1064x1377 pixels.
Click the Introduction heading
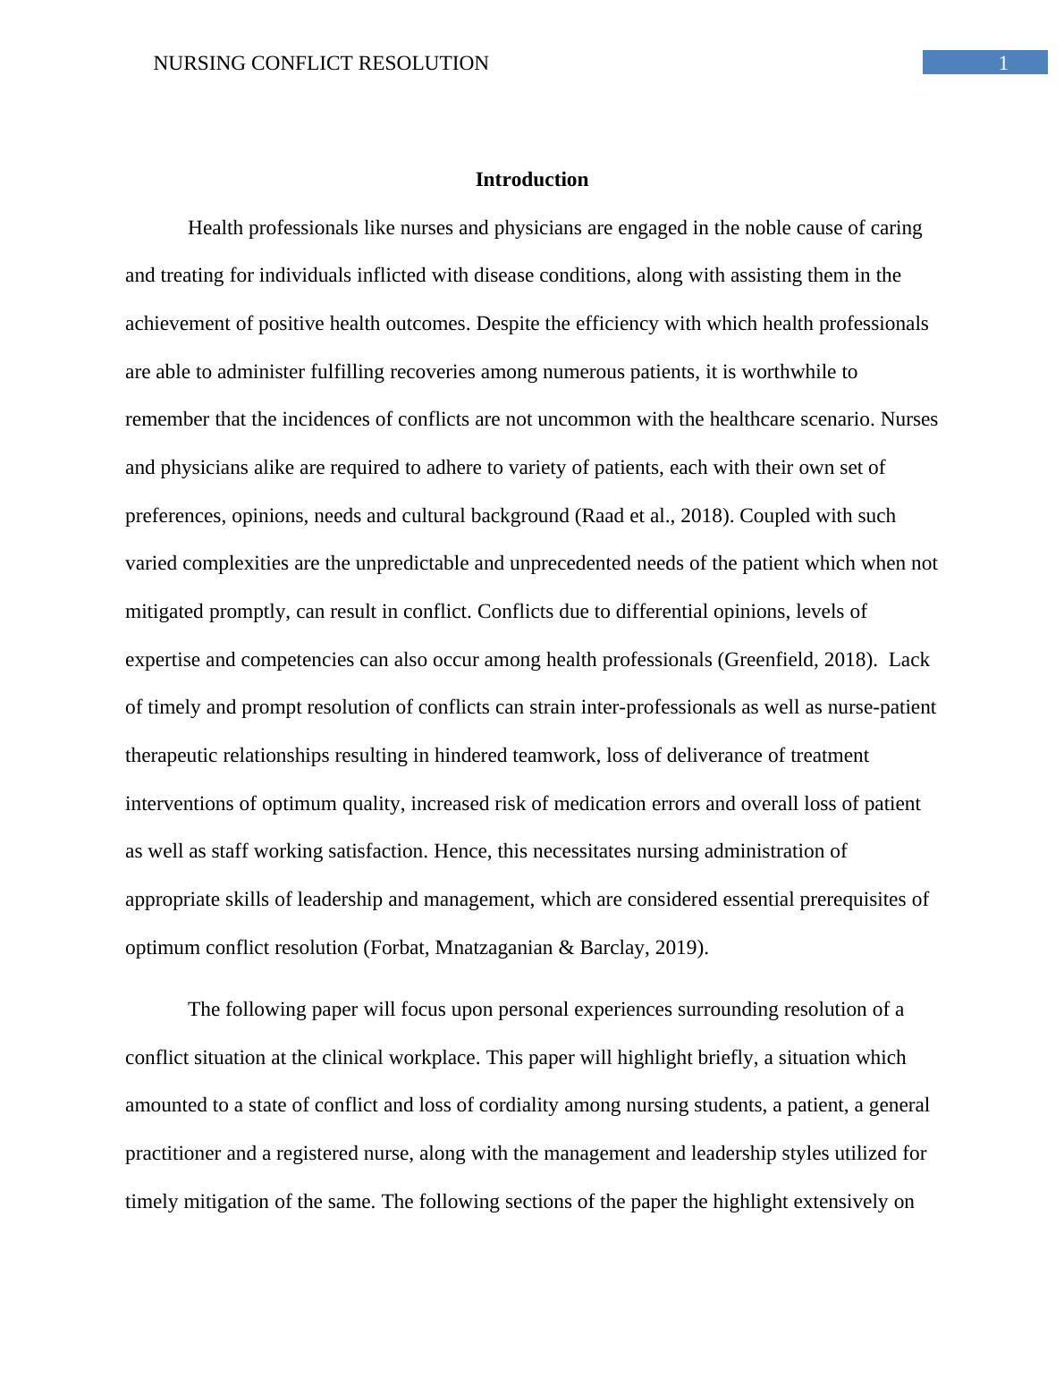531,180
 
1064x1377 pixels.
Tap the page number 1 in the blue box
1003,63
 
